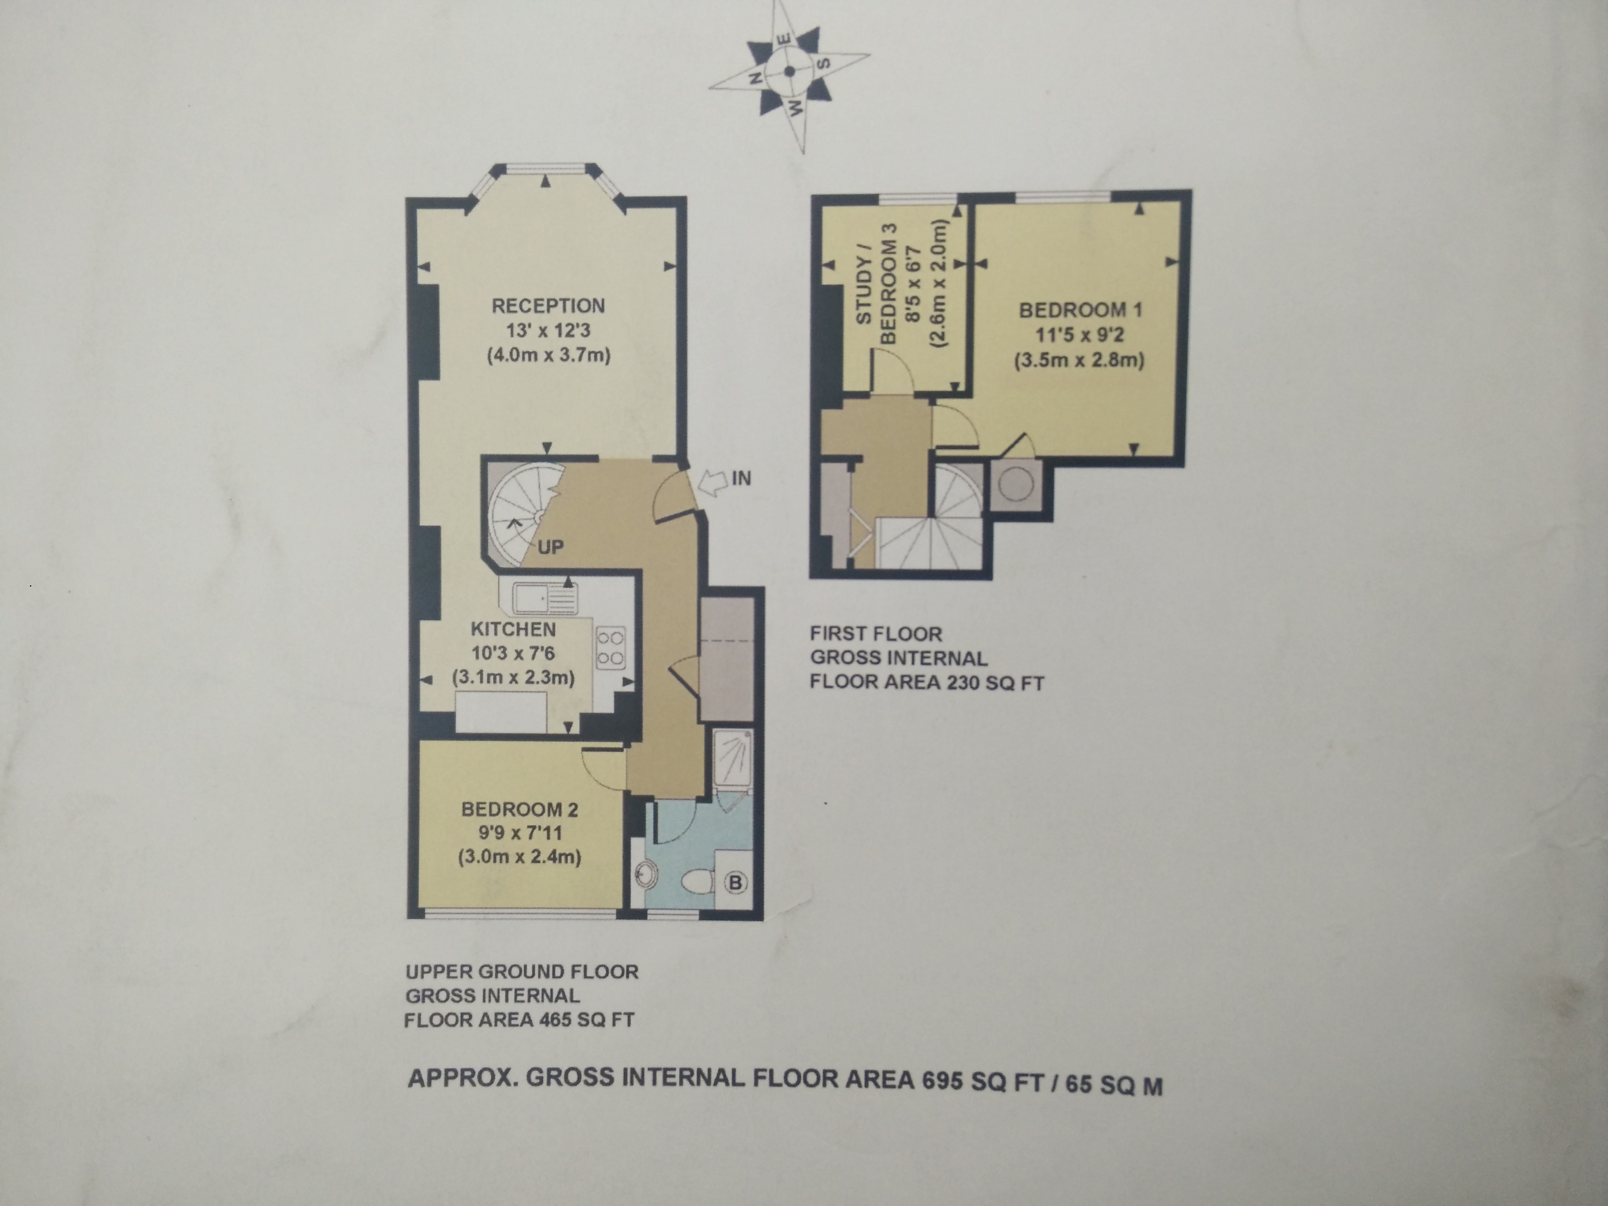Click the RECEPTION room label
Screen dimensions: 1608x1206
click(x=548, y=306)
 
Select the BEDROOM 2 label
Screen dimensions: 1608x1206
click(x=520, y=809)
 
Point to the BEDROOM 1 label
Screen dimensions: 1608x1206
click(x=1080, y=310)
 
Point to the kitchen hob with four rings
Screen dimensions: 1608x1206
click(x=610, y=649)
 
